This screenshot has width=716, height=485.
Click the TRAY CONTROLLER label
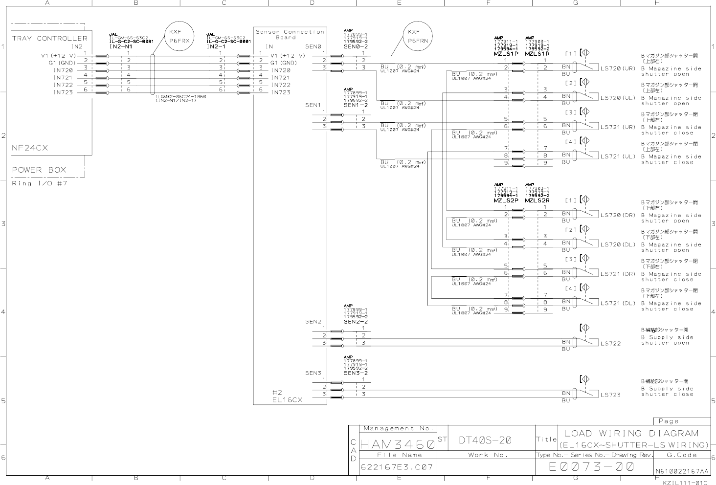(49, 38)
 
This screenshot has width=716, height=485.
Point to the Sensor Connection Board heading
(290, 34)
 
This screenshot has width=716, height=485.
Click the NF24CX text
(30, 148)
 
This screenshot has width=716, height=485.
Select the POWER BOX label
(39, 170)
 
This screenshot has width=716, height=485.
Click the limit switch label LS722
(610, 343)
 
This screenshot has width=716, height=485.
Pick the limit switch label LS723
(610, 395)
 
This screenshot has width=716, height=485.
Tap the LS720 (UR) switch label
(618, 68)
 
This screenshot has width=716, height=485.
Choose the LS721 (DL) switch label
(618, 303)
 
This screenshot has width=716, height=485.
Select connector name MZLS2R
(537, 200)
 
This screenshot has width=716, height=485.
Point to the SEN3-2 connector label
(356, 373)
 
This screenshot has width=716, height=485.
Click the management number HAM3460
(397, 445)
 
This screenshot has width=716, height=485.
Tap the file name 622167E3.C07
(397, 467)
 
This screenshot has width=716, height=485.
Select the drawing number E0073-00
(592, 467)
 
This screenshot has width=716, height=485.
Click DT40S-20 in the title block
(485, 440)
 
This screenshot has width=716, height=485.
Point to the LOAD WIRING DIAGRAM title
(631, 433)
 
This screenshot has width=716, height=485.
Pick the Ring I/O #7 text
(39, 183)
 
